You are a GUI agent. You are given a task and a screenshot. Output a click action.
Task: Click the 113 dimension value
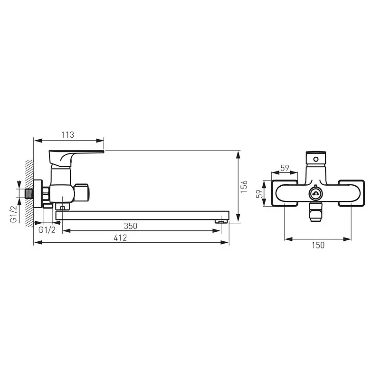[67, 135]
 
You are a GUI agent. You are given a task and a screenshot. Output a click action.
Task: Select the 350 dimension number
[130, 226]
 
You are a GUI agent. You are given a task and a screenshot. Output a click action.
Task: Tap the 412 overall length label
[120, 238]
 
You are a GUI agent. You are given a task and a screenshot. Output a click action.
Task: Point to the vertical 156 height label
[244, 186]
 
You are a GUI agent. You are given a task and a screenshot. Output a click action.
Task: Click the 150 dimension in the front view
[318, 245]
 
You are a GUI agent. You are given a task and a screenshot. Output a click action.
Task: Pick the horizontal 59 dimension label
[285, 168]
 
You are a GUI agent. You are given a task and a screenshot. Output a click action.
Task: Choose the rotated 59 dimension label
[259, 193]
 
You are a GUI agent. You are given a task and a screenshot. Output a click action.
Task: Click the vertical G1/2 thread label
[14, 214]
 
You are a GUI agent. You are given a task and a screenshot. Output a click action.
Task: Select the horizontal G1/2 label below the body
[47, 229]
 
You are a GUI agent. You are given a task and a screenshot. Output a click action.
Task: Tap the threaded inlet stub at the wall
[29, 194]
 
